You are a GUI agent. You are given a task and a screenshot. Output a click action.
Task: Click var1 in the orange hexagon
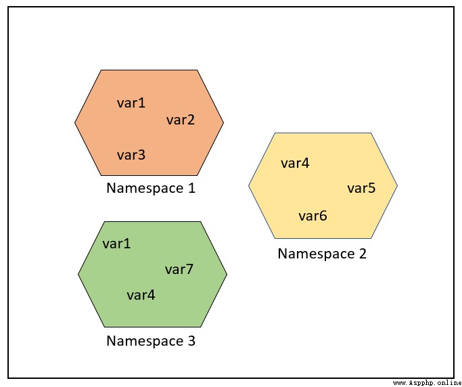click(x=131, y=103)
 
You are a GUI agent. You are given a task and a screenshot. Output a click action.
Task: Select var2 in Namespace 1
click(x=181, y=120)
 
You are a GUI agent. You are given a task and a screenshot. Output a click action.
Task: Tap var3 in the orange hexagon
click(x=131, y=155)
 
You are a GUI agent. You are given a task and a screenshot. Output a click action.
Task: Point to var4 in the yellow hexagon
click(x=295, y=163)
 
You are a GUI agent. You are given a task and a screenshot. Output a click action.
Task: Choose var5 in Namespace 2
click(x=361, y=188)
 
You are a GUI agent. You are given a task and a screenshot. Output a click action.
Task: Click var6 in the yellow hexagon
click(x=313, y=216)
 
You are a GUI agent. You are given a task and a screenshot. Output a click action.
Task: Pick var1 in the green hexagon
click(x=116, y=244)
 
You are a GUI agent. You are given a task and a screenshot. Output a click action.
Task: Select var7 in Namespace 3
click(x=179, y=269)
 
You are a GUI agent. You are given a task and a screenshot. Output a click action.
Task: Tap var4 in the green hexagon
click(x=141, y=295)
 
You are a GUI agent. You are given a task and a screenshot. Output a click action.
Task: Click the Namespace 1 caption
click(x=151, y=189)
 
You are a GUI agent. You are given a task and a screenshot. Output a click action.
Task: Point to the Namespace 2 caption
click(x=322, y=254)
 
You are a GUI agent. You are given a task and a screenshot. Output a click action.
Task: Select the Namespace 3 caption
click(x=151, y=341)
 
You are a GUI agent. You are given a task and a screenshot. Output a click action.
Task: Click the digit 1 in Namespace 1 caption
click(x=191, y=188)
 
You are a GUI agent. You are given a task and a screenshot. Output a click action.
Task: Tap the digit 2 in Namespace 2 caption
click(x=363, y=254)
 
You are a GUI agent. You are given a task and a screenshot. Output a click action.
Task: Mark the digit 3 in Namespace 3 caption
click(x=191, y=341)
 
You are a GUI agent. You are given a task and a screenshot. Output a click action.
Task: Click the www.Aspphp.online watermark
click(x=428, y=383)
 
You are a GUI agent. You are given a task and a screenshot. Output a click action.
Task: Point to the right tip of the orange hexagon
click(x=224, y=122)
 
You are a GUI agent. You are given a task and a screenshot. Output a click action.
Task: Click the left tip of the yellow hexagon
click(x=248, y=185)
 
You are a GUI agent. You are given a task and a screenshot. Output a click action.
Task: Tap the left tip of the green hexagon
click(x=78, y=275)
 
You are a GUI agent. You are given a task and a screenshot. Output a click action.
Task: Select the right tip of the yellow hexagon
click(x=398, y=185)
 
